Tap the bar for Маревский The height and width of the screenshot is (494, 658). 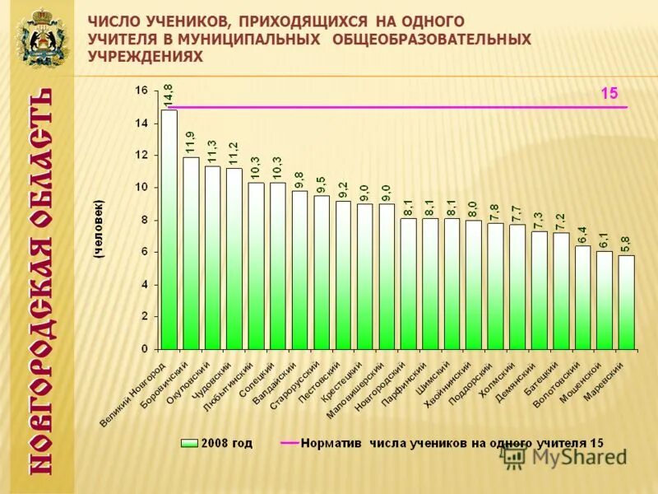[627, 302]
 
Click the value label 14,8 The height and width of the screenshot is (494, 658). [169, 95]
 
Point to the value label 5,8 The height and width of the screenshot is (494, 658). [627, 244]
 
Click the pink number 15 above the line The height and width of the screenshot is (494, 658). [609, 94]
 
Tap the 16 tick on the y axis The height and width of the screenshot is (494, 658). [141, 91]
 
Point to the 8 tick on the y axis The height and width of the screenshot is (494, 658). [144, 220]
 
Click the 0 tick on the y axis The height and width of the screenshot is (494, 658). [144, 349]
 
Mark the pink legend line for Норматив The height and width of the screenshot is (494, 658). [290, 443]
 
